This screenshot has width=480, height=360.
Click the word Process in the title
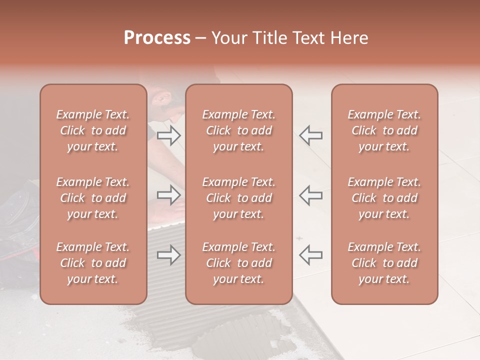(157, 38)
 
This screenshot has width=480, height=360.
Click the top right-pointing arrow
(168, 135)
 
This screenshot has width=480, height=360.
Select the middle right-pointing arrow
(168, 194)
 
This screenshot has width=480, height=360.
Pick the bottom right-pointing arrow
(168, 255)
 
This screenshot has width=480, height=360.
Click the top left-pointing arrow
(310, 135)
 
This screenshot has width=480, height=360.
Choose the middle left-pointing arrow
(310, 194)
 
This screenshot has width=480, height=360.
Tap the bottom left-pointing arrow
(310, 255)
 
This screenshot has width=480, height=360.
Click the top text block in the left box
(93, 130)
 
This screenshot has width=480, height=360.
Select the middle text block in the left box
(93, 198)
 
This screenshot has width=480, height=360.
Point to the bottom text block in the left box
(93, 263)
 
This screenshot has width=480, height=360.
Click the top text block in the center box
(238, 130)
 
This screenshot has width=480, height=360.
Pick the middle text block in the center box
(238, 198)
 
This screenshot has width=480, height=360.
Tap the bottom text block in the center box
(238, 263)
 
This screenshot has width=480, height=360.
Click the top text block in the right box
(384, 130)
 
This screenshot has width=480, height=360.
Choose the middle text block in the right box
(384, 198)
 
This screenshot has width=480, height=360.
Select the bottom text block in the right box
(384, 263)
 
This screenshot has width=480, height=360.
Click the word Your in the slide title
(228, 38)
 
